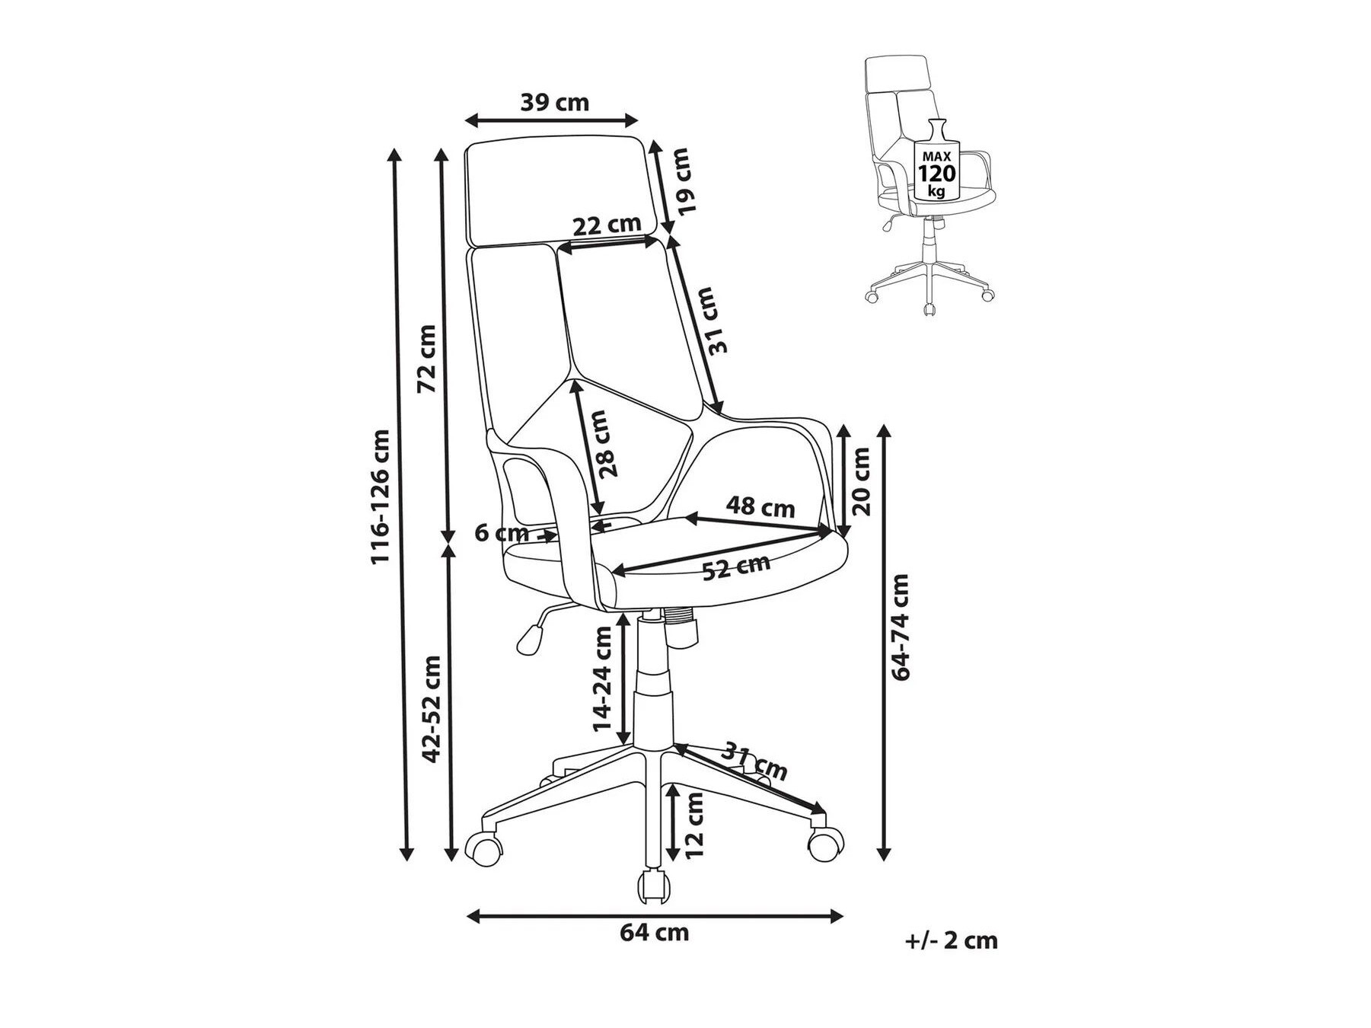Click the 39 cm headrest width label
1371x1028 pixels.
(554, 102)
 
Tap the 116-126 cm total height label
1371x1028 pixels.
(380, 496)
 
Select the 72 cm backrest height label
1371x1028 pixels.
(428, 358)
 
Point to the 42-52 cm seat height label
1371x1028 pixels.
(432, 709)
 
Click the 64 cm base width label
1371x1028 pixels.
(654, 932)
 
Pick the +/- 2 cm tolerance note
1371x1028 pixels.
(951, 940)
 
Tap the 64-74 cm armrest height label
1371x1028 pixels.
(901, 627)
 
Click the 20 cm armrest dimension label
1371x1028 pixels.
(861, 481)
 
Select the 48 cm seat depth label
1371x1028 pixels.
(760, 506)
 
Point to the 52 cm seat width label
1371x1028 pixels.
(735, 567)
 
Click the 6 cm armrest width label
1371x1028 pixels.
(501, 533)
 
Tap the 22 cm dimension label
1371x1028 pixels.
(607, 225)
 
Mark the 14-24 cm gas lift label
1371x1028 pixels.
(603, 678)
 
